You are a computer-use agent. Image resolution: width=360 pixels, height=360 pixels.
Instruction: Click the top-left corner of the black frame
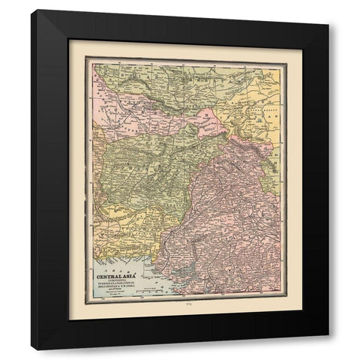coord(32,10)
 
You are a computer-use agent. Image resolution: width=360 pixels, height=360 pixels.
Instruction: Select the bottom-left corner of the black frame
coord(32,349)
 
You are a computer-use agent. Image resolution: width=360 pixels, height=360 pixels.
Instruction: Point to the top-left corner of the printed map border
coord(85,57)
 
